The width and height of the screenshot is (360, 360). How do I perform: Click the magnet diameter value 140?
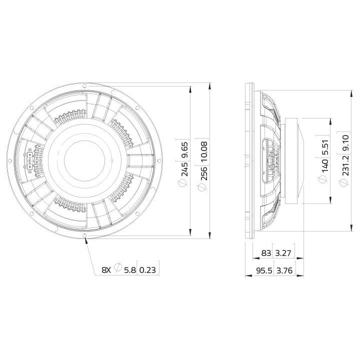click(x=325, y=164)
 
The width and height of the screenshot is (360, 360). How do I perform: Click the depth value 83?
click(x=266, y=253)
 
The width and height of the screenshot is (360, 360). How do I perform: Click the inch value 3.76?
click(x=283, y=271)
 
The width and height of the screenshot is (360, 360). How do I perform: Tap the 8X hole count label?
click(x=106, y=270)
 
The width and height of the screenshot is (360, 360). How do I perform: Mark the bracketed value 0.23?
click(x=147, y=270)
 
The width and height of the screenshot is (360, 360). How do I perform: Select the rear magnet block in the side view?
click(x=292, y=160)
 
